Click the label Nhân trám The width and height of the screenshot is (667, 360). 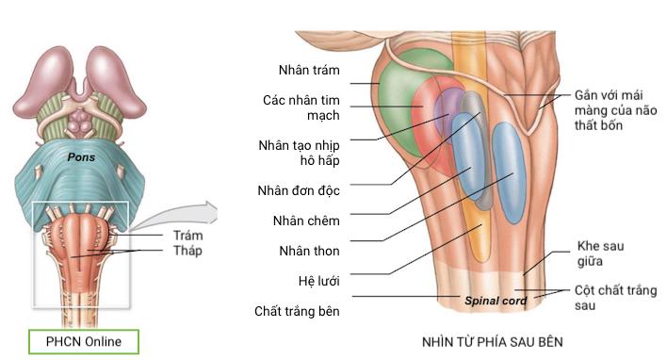point(309,71)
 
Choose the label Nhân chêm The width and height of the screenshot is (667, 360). point(309,221)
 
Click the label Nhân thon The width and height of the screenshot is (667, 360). point(309,251)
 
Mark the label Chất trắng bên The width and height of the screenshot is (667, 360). point(297,311)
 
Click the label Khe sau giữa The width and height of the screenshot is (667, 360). point(600,253)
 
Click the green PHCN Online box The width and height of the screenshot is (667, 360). point(84,341)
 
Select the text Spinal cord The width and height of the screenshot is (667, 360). point(494,302)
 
